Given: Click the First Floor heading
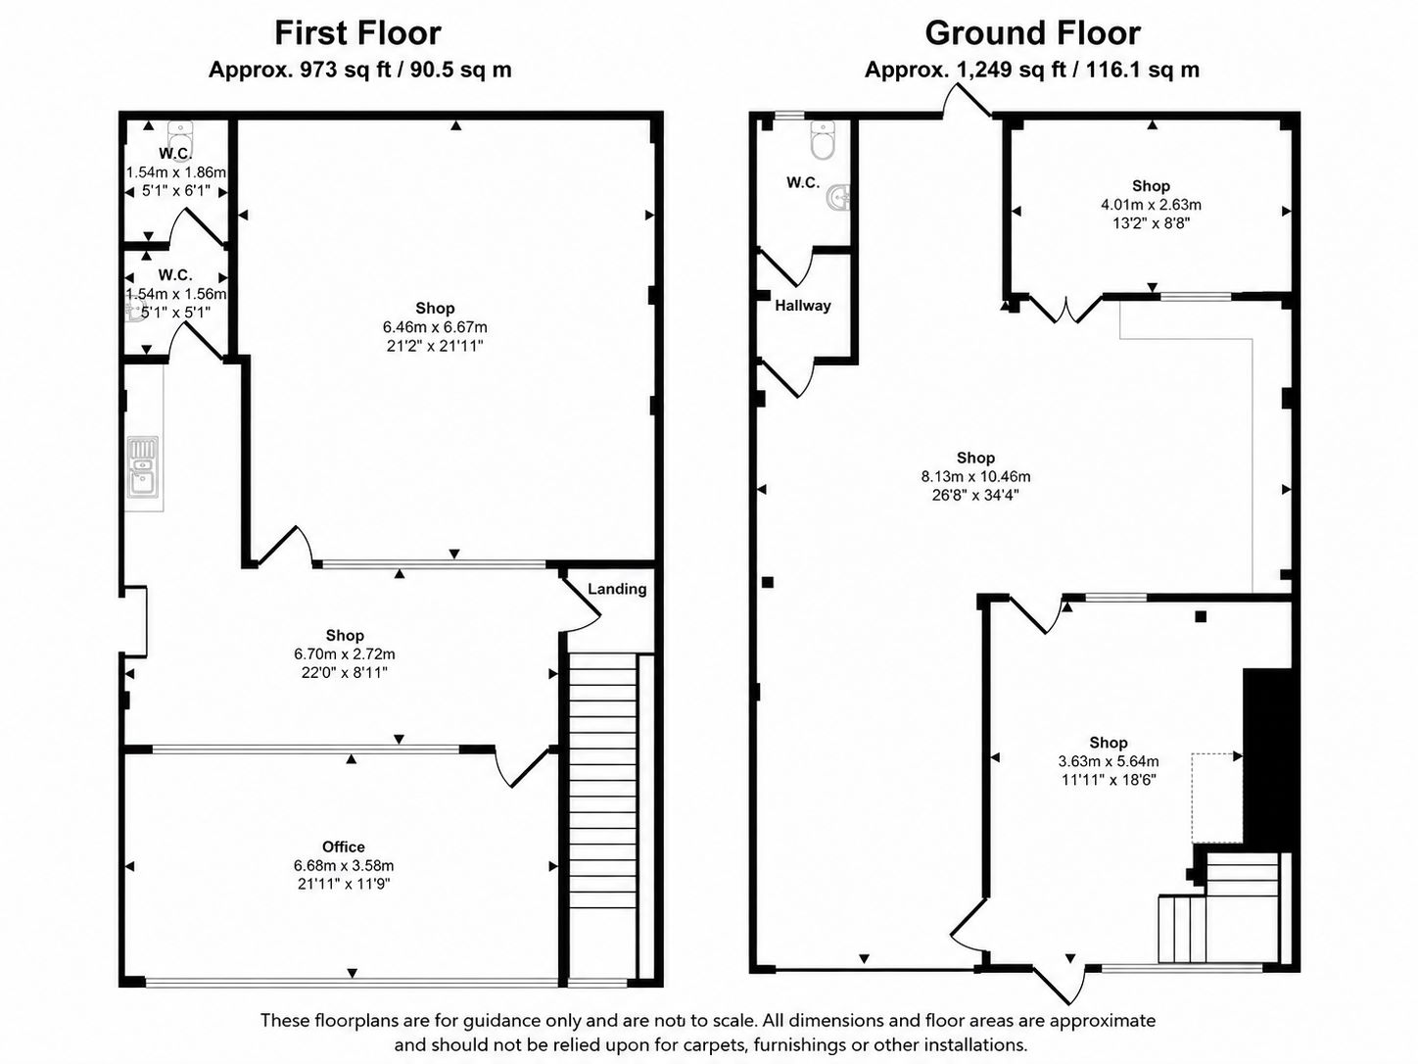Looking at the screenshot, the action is pyautogui.click(x=357, y=33).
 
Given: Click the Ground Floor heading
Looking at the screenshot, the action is pyautogui.click(x=1032, y=33).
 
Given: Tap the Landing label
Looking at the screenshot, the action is pyautogui.click(x=617, y=589).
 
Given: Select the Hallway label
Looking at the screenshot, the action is pyautogui.click(x=803, y=306).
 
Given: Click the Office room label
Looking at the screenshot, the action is pyautogui.click(x=344, y=846).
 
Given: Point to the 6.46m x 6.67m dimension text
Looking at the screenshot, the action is pyautogui.click(x=435, y=327).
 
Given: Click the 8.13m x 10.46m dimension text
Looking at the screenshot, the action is pyautogui.click(x=975, y=477).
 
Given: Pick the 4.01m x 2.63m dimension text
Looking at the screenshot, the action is pyautogui.click(x=1152, y=205).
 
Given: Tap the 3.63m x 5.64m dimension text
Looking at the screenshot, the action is pyautogui.click(x=1109, y=761).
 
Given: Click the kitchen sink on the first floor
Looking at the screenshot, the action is pyautogui.click(x=143, y=467).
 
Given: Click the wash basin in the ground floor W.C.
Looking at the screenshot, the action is pyautogui.click(x=838, y=196).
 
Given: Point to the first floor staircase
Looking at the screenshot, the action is pyautogui.click(x=602, y=819).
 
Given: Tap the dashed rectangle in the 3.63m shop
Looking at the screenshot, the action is pyautogui.click(x=1217, y=798).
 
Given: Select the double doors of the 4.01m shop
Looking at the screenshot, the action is pyautogui.click(x=1064, y=309).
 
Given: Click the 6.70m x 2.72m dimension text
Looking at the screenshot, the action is pyautogui.click(x=345, y=653).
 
